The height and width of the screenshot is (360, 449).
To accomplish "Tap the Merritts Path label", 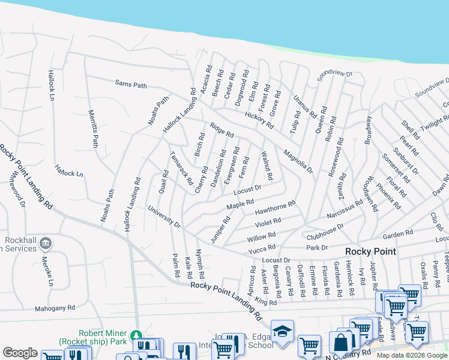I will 93,128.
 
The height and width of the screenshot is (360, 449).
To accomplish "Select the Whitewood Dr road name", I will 16,187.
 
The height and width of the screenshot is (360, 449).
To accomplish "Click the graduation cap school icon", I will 282,331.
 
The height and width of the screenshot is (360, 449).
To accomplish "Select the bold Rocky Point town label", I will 370,251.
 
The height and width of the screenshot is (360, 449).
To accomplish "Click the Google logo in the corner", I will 20,353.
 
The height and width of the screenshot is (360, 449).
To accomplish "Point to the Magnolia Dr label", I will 298,161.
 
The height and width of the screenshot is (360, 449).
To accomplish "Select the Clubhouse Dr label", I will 325,232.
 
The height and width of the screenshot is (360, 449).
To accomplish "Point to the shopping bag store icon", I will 341,343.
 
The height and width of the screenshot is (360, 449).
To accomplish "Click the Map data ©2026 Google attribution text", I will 411,355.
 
